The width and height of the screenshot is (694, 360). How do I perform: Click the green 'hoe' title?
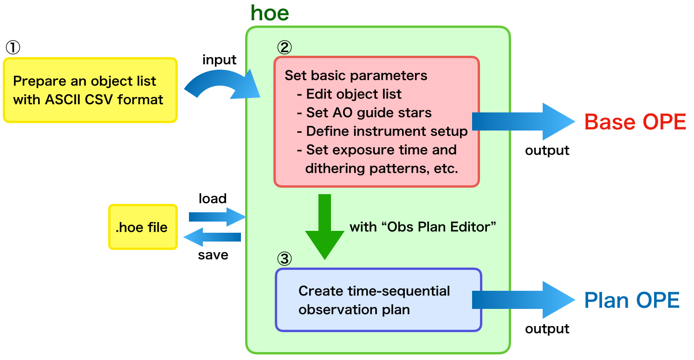(x=270, y=13)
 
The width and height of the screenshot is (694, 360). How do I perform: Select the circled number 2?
(x=284, y=46)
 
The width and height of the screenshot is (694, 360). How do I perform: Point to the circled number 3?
(x=284, y=258)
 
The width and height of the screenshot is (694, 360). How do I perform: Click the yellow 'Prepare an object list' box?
(x=90, y=90)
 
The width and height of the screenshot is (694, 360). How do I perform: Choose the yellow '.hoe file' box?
(x=143, y=227)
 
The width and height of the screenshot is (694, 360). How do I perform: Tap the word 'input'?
(x=219, y=60)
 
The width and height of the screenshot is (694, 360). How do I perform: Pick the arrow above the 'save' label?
(x=213, y=237)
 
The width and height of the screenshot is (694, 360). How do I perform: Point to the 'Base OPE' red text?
(x=635, y=122)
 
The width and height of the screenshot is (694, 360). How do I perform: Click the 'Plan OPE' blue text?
(x=632, y=300)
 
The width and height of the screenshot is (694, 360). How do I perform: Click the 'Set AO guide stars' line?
(x=369, y=112)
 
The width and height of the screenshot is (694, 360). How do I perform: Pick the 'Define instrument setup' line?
(x=386, y=131)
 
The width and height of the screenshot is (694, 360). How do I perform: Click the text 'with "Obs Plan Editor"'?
(x=423, y=227)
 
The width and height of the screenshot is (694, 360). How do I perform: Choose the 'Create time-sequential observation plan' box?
(x=378, y=300)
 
